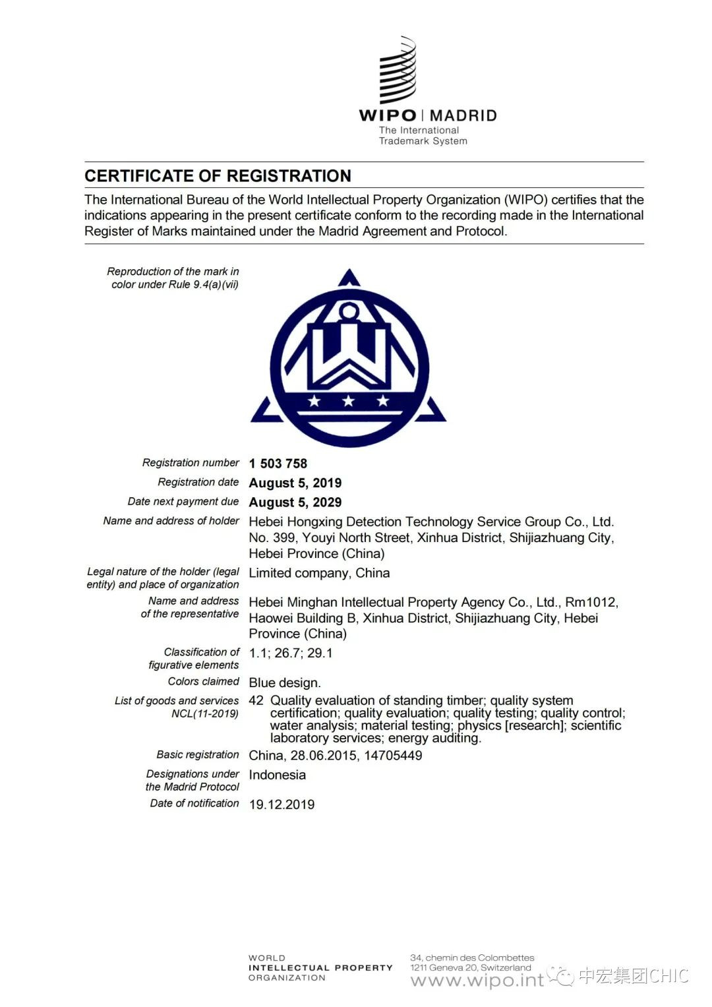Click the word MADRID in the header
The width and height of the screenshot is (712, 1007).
coord(463,116)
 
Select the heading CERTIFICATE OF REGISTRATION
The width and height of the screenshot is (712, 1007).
coord(218,176)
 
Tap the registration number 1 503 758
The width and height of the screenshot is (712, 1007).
coord(278,464)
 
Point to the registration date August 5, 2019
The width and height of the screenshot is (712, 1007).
coord(295,483)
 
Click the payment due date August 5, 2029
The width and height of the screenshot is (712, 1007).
coord(295,503)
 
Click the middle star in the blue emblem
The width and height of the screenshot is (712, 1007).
coord(348,400)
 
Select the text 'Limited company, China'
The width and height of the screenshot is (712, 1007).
coord(319,573)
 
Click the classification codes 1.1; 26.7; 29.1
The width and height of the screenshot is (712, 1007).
coord(291,653)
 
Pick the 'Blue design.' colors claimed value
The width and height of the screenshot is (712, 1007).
coord(285,683)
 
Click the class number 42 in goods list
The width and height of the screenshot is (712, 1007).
coord(256,700)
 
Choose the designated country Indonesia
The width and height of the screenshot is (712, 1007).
coord(277,775)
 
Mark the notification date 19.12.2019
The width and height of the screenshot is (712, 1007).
coord(282,805)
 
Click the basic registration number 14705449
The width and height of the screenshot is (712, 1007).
coord(393,756)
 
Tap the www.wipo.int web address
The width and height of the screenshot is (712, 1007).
coord(477,981)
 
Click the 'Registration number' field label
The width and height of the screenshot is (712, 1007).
coord(191,463)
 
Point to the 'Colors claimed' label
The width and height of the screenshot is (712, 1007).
coord(203,681)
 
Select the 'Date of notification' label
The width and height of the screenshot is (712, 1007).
coord(194,803)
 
